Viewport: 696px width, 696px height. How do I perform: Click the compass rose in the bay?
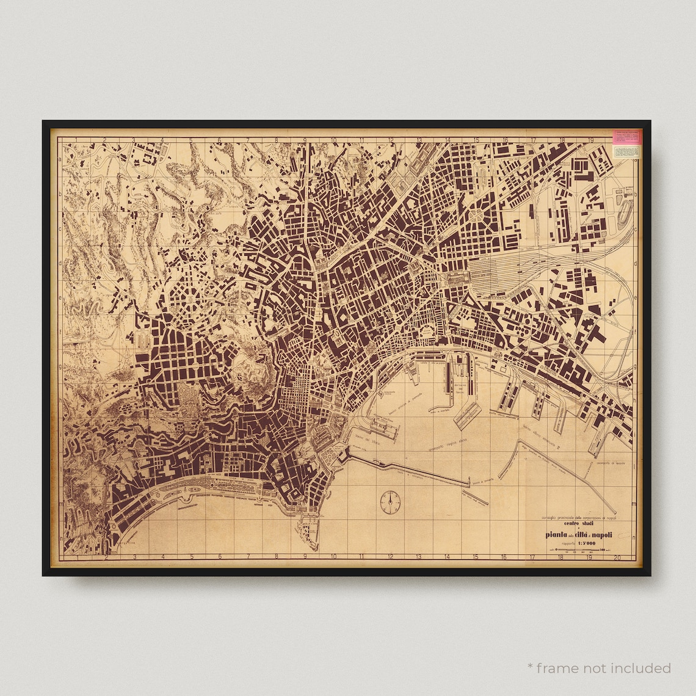[x=389, y=501]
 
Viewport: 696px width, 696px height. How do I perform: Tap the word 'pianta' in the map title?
[x=559, y=535]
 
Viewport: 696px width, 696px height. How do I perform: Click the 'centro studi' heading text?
[x=579, y=524]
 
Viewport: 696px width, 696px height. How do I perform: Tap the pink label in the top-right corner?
[x=627, y=137]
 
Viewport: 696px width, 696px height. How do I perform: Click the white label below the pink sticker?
[x=627, y=151]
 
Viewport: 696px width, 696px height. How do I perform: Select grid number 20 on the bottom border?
[x=618, y=557]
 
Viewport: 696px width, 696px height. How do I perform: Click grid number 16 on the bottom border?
[x=504, y=557]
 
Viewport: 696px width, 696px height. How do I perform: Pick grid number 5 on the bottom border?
[x=191, y=557]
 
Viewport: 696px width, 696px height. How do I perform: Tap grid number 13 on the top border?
[x=419, y=140]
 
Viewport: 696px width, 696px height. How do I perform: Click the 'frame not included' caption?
[x=600, y=668]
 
